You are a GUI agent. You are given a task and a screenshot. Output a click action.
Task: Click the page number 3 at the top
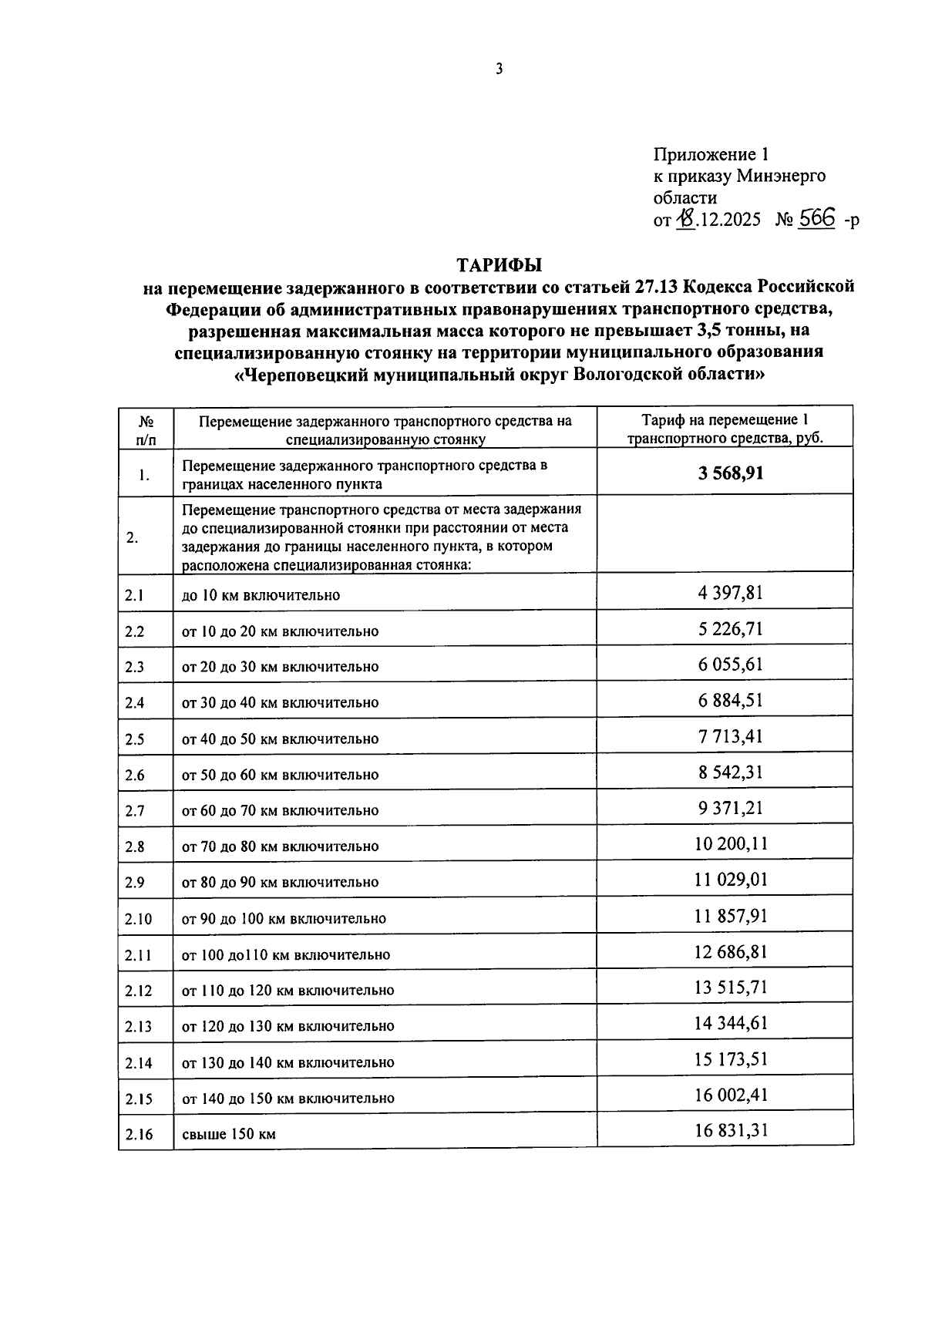(499, 69)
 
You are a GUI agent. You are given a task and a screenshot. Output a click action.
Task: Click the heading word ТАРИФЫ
(499, 265)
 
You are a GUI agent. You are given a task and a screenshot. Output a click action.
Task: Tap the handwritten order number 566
(817, 218)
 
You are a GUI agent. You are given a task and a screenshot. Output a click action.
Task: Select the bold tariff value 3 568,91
(731, 473)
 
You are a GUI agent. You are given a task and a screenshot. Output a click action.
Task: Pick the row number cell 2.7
(135, 811)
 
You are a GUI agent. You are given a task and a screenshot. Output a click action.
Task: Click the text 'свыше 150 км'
(229, 1134)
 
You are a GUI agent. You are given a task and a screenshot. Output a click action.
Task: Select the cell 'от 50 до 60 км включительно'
(281, 775)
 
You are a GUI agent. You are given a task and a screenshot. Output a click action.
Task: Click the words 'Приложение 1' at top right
(711, 154)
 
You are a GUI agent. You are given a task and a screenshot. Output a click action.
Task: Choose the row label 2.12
(138, 991)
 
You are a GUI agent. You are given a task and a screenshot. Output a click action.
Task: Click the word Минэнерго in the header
(780, 176)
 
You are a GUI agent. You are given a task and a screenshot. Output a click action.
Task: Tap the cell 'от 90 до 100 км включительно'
(284, 919)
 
